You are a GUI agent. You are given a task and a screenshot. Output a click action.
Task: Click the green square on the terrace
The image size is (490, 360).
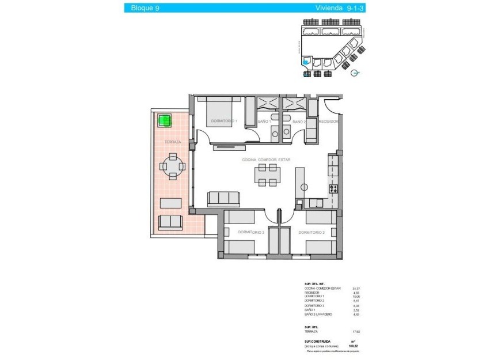tap(165, 121)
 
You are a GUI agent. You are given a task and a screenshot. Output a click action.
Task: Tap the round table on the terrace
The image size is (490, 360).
tap(172, 167)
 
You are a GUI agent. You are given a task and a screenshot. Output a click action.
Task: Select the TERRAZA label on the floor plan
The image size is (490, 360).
tap(172, 142)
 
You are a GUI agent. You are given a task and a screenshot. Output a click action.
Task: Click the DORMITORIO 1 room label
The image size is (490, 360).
tap(224, 121)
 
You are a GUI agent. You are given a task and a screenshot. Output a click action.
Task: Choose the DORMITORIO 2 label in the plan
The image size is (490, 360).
tap(312, 232)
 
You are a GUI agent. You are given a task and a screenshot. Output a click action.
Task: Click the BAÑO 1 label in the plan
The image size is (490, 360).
tap(264, 122)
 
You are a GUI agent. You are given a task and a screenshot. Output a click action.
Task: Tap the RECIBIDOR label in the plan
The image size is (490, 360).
tap(328, 122)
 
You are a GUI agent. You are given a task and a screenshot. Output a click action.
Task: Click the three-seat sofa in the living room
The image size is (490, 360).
tap(223, 198)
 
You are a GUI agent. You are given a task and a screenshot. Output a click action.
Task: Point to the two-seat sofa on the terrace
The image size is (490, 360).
tap(170, 222)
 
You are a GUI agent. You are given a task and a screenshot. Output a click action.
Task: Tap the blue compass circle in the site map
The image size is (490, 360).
tap(355, 73)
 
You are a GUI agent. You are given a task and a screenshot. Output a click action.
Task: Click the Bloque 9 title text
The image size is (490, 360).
tap(145, 7)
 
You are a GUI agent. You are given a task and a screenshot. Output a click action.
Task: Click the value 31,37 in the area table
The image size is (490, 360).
tap(347, 288)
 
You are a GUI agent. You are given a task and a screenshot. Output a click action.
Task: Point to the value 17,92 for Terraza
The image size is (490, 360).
tap(347, 331)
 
